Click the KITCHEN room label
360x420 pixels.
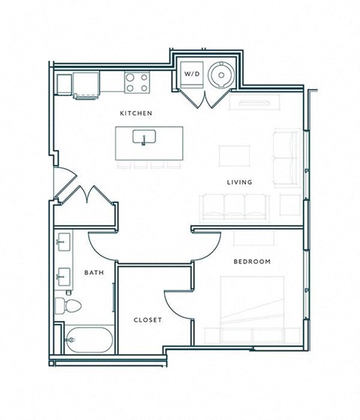coord(136,113)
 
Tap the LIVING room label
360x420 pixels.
coord(240,182)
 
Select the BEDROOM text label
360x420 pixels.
coord(252,261)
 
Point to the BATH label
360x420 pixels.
coord(94,272)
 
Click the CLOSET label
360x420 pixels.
coord(148,319)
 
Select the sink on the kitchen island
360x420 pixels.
coord(142,137)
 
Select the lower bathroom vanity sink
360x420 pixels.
coord(62,276)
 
